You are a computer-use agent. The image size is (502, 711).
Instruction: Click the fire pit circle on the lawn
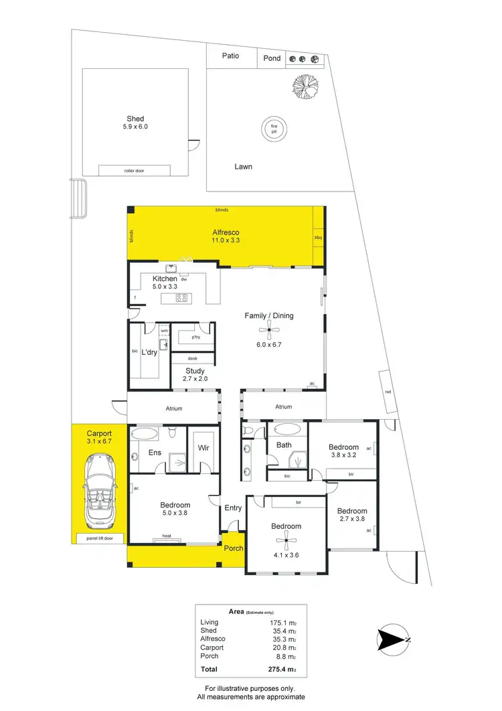[x=273, y=127]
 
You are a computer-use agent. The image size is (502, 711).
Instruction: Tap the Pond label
[x=272, y=58]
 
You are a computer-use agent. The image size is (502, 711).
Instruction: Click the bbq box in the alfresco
[x=318, y=238]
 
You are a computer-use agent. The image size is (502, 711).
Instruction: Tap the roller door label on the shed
[x=134, y=171]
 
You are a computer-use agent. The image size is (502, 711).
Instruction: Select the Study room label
[x=195, y=371]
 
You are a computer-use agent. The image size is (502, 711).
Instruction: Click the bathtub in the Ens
[x=145, y=434]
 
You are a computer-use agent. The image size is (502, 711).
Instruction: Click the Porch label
[x=234, y=548]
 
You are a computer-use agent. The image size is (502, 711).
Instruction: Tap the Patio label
[x=231, y=56]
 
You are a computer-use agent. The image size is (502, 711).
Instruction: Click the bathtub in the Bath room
[x=288, y=428]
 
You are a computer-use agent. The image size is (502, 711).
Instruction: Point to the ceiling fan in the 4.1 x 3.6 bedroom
[x=286, y=541]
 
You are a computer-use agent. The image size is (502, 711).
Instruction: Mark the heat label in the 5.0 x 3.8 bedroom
[x=166, y=536]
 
